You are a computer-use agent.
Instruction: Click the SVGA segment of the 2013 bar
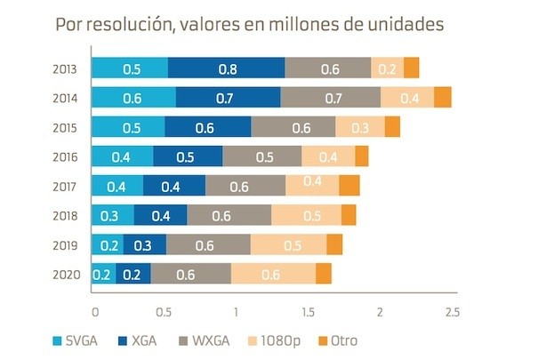130,68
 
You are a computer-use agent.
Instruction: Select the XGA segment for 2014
228,98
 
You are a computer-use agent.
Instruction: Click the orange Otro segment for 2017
349,186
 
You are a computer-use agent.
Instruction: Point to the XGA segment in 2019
144,244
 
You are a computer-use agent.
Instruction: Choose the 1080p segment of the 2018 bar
306,215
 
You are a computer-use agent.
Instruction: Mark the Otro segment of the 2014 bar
443,98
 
